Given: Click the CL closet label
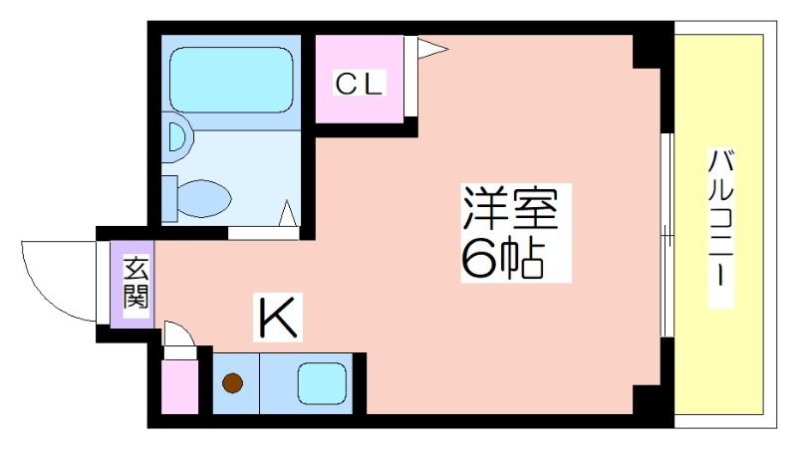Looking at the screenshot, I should click(358, 85).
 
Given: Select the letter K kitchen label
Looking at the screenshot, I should click(278, 318).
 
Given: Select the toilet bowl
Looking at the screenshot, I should click(205, 197).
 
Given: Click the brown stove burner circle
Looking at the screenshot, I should click(234, 382).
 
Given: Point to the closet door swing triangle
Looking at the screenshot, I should click(428, 48).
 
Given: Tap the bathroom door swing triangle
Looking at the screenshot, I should click(288, 213).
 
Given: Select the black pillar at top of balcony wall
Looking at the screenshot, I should click(652, 50).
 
